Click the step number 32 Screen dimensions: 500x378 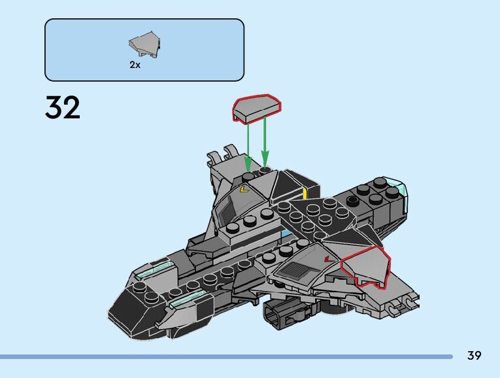click(x=63, y=108)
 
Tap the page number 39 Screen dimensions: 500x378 click(x=474, y=356)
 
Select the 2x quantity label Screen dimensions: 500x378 click(x=135, y=65)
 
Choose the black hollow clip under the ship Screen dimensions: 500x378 click(x=279, y=313)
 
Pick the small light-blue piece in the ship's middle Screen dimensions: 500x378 click(x=285, y=233)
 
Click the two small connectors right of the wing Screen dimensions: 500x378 click(x=403, y=301)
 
